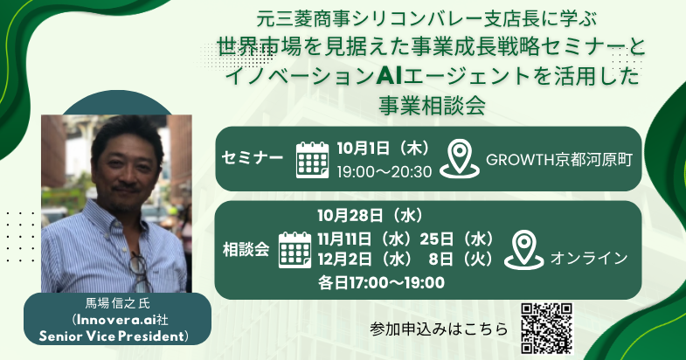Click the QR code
click(x=547, y=328)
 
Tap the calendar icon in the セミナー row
click(x=312, y=160)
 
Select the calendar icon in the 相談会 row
click(x=294, y=250)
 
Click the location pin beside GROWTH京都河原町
click(x=460, y=159)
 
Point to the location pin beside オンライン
click(x=524, y=250)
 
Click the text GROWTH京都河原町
click(x=559, y=160)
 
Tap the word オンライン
click(x=589, y=258)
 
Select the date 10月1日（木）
click(x=384, y=149)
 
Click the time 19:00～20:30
click(x=385, y=172)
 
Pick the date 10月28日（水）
click(x=371, y=215)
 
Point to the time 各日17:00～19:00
click(x=381, y=282)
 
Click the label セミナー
click(x=253, y=157)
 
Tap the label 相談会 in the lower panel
click(x=246, y=250)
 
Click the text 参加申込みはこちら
click(x=439, y=329)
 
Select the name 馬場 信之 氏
click(x=117, y=303)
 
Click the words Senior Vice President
click(x=111, y=336)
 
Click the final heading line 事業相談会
click(x=433, y=106)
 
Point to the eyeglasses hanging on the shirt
click(x=141, y=270)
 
